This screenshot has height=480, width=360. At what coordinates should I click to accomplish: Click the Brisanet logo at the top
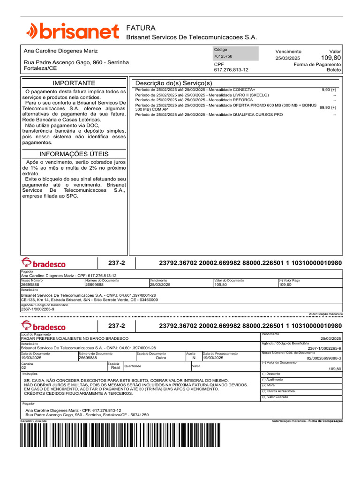pos(72,31)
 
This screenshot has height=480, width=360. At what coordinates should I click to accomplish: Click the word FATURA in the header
pos(141,28)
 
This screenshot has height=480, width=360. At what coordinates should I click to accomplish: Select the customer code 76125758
pos(223,56)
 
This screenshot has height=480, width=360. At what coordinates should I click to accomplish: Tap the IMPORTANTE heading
pos(74,83)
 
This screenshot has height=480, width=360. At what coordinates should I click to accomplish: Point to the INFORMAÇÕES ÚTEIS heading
pos(74,154)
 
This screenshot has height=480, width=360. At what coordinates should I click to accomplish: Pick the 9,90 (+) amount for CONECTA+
pos(329,90)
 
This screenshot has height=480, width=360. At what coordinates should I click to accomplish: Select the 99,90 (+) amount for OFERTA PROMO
pos(328,107)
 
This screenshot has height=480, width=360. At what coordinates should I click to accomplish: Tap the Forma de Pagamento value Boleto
pos(334,70)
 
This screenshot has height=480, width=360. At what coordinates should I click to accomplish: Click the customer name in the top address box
pos(61,51)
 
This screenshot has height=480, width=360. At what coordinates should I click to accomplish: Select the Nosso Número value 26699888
pos(30,285)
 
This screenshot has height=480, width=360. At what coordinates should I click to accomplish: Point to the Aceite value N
pos(194,358)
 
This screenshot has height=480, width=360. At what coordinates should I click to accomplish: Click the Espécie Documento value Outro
pos(161,358)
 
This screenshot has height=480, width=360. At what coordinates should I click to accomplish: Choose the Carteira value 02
pos(24,368)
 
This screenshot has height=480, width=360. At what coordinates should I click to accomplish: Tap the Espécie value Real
pos(115,368)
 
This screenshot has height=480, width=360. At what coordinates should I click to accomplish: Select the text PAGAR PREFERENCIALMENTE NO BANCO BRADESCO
pos(75,338)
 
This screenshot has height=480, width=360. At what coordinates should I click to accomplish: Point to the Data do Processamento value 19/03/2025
pos(214,358)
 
